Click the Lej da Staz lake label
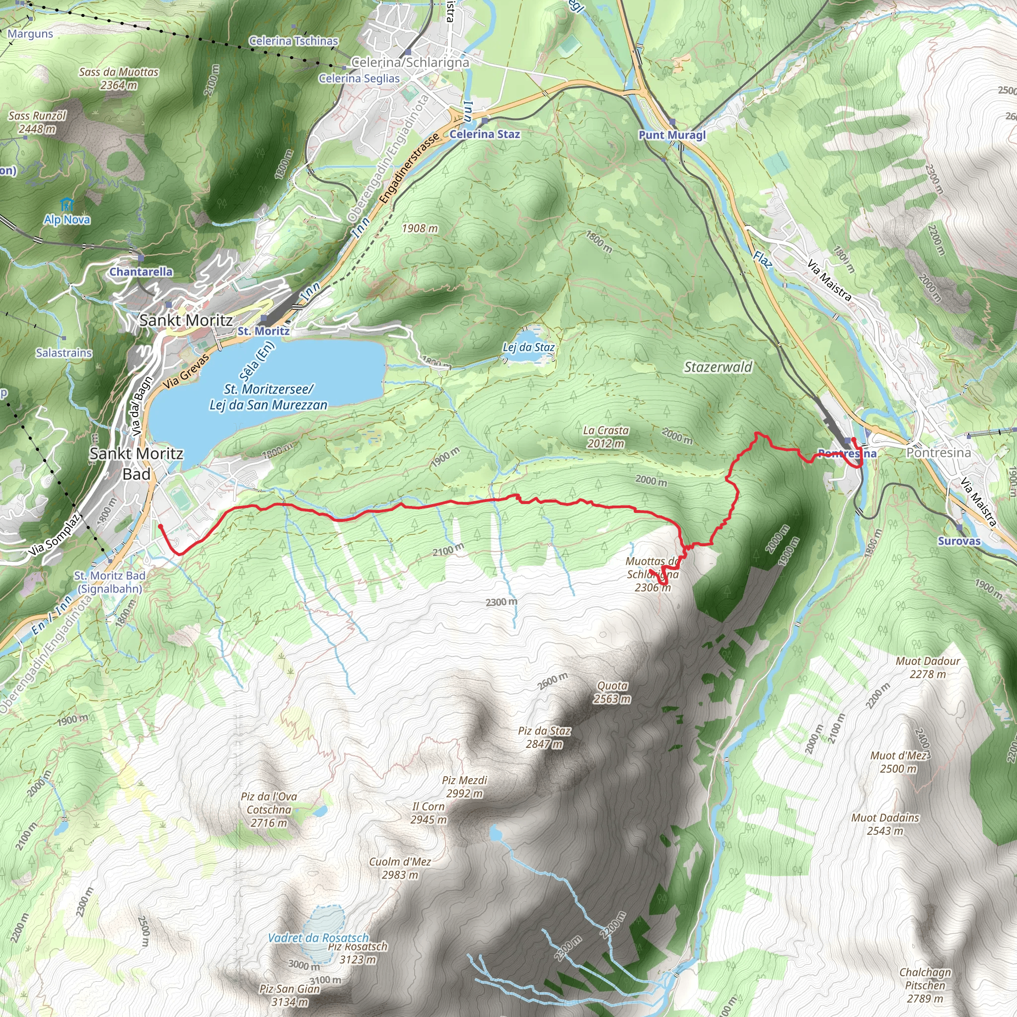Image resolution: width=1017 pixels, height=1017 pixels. [x=528, y=348]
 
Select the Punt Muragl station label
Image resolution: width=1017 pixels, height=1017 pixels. [x=672, y=135]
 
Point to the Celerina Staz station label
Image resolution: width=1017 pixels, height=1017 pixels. [x=484, y=134]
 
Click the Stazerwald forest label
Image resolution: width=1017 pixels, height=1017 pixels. [x=718, y=367]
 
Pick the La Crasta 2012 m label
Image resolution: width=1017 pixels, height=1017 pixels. [x=606, y=437]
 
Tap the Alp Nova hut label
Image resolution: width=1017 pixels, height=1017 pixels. [x=67, y=219]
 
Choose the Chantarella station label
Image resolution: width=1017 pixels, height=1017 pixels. [x=141, y=272]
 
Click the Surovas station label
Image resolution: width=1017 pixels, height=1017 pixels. [x=959, y=541]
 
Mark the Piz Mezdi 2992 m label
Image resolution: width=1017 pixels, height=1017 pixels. [x=465, y=787]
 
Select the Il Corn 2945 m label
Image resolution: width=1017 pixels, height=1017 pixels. [x=429, y=813]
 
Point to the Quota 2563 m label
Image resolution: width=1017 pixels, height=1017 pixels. [x=612, y=692]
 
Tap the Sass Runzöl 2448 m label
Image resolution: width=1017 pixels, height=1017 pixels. [x=37, y=122]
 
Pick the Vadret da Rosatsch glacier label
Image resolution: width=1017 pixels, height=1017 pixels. [x=318, y=938]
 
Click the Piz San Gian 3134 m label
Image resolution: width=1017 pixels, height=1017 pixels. [x=290, y=995]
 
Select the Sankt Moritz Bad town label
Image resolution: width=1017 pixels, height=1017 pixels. [x=137, y=463]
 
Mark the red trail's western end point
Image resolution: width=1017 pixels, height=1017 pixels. [x=160, y=526]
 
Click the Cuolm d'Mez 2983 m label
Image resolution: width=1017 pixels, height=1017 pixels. [x=400, y=868]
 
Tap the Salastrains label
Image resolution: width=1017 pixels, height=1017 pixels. [x=64, y=353]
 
